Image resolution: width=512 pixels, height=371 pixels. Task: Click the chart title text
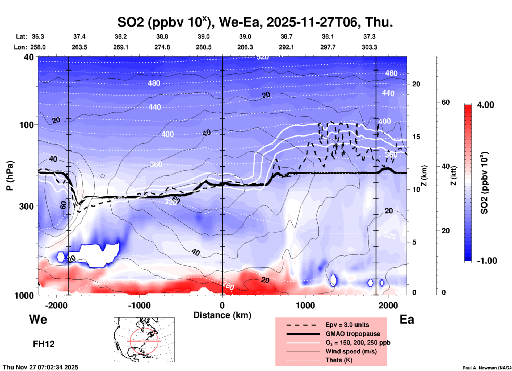coord(255,22)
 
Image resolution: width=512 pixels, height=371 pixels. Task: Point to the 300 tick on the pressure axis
coord(27,206)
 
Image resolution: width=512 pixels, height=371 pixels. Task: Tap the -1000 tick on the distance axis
coord(139,305)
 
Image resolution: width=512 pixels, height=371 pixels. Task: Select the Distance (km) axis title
coord(222,315)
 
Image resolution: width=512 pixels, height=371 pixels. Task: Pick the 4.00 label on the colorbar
coord(485,105)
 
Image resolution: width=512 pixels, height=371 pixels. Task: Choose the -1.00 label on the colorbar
coord(487,261)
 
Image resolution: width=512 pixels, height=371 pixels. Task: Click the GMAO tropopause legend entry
coord(353,334)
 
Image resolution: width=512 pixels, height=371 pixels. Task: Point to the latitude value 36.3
coord(38,36)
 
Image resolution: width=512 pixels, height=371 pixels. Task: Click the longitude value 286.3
coord(245,47)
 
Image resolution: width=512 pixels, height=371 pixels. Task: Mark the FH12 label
coord(44,344)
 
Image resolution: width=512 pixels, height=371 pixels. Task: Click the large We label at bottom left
coord(38,319)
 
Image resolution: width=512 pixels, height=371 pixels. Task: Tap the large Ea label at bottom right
coord(407,319)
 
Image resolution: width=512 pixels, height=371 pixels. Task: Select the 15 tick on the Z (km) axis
coord(416,137)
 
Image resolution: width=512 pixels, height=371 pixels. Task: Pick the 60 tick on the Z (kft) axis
coord(446,102)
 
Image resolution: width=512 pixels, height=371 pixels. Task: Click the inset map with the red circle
coord(144,340)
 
